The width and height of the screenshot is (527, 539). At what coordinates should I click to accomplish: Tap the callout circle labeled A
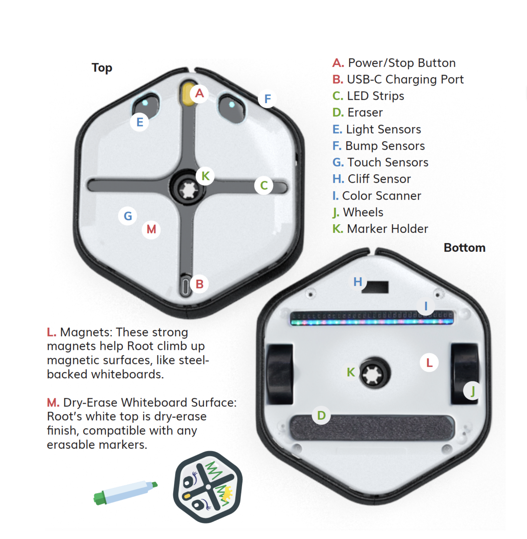click(199, 94)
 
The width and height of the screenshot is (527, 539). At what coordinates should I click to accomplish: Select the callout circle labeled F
click(267, 99)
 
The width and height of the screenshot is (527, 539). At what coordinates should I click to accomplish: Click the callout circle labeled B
click(199, 284)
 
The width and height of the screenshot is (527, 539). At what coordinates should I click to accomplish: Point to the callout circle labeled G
click(128, 216)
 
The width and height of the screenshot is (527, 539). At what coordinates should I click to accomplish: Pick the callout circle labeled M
click(151, 229)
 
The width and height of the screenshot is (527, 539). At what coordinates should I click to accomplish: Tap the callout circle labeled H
click(358, 282)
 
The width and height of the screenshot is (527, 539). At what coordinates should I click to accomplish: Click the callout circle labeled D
click(321, 415)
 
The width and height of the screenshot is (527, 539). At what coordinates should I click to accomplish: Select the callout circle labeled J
click(472, 391)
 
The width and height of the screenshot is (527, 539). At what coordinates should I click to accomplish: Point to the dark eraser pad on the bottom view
click(372, 428)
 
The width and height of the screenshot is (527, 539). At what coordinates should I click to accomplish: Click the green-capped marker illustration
click(125, 492)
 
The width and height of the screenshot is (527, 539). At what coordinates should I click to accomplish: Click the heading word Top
click(102, 68)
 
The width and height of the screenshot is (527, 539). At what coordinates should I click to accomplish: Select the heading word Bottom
click(464, 248)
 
